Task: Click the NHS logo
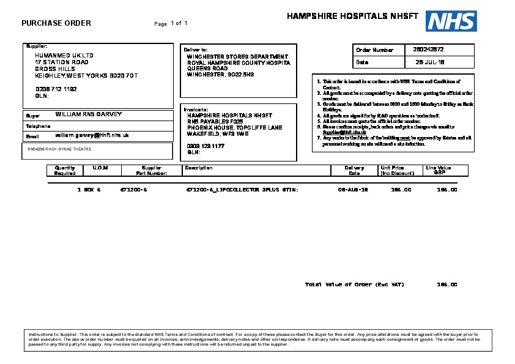click(x=451, y=21)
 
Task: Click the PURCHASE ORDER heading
click(x=56, y=23)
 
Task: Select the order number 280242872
click(x=428, y=50)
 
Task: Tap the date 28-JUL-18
click(x=429, y=62)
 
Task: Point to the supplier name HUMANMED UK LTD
click(x=64, y=56)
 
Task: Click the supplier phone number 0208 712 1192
click(x=56, y=89)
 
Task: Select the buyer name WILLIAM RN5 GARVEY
click(x=89, y=114)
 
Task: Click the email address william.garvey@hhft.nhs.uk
click(x=92, y=135)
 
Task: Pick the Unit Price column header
click(x=392, y=170)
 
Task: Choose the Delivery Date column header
click(x=354, y=170)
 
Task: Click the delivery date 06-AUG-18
click(x=353, y=190)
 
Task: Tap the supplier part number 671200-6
click(x=134, y=190)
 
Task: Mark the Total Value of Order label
click(x=354, y=284)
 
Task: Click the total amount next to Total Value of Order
click(x=446, y=284)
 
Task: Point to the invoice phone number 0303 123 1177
click(x=206, y=146)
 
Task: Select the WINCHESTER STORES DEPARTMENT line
click(x=237, y=56)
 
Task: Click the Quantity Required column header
click(x=65, y=170)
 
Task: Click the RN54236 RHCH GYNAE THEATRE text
click(x=59, y=149)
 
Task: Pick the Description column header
click(x=199, y=168)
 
